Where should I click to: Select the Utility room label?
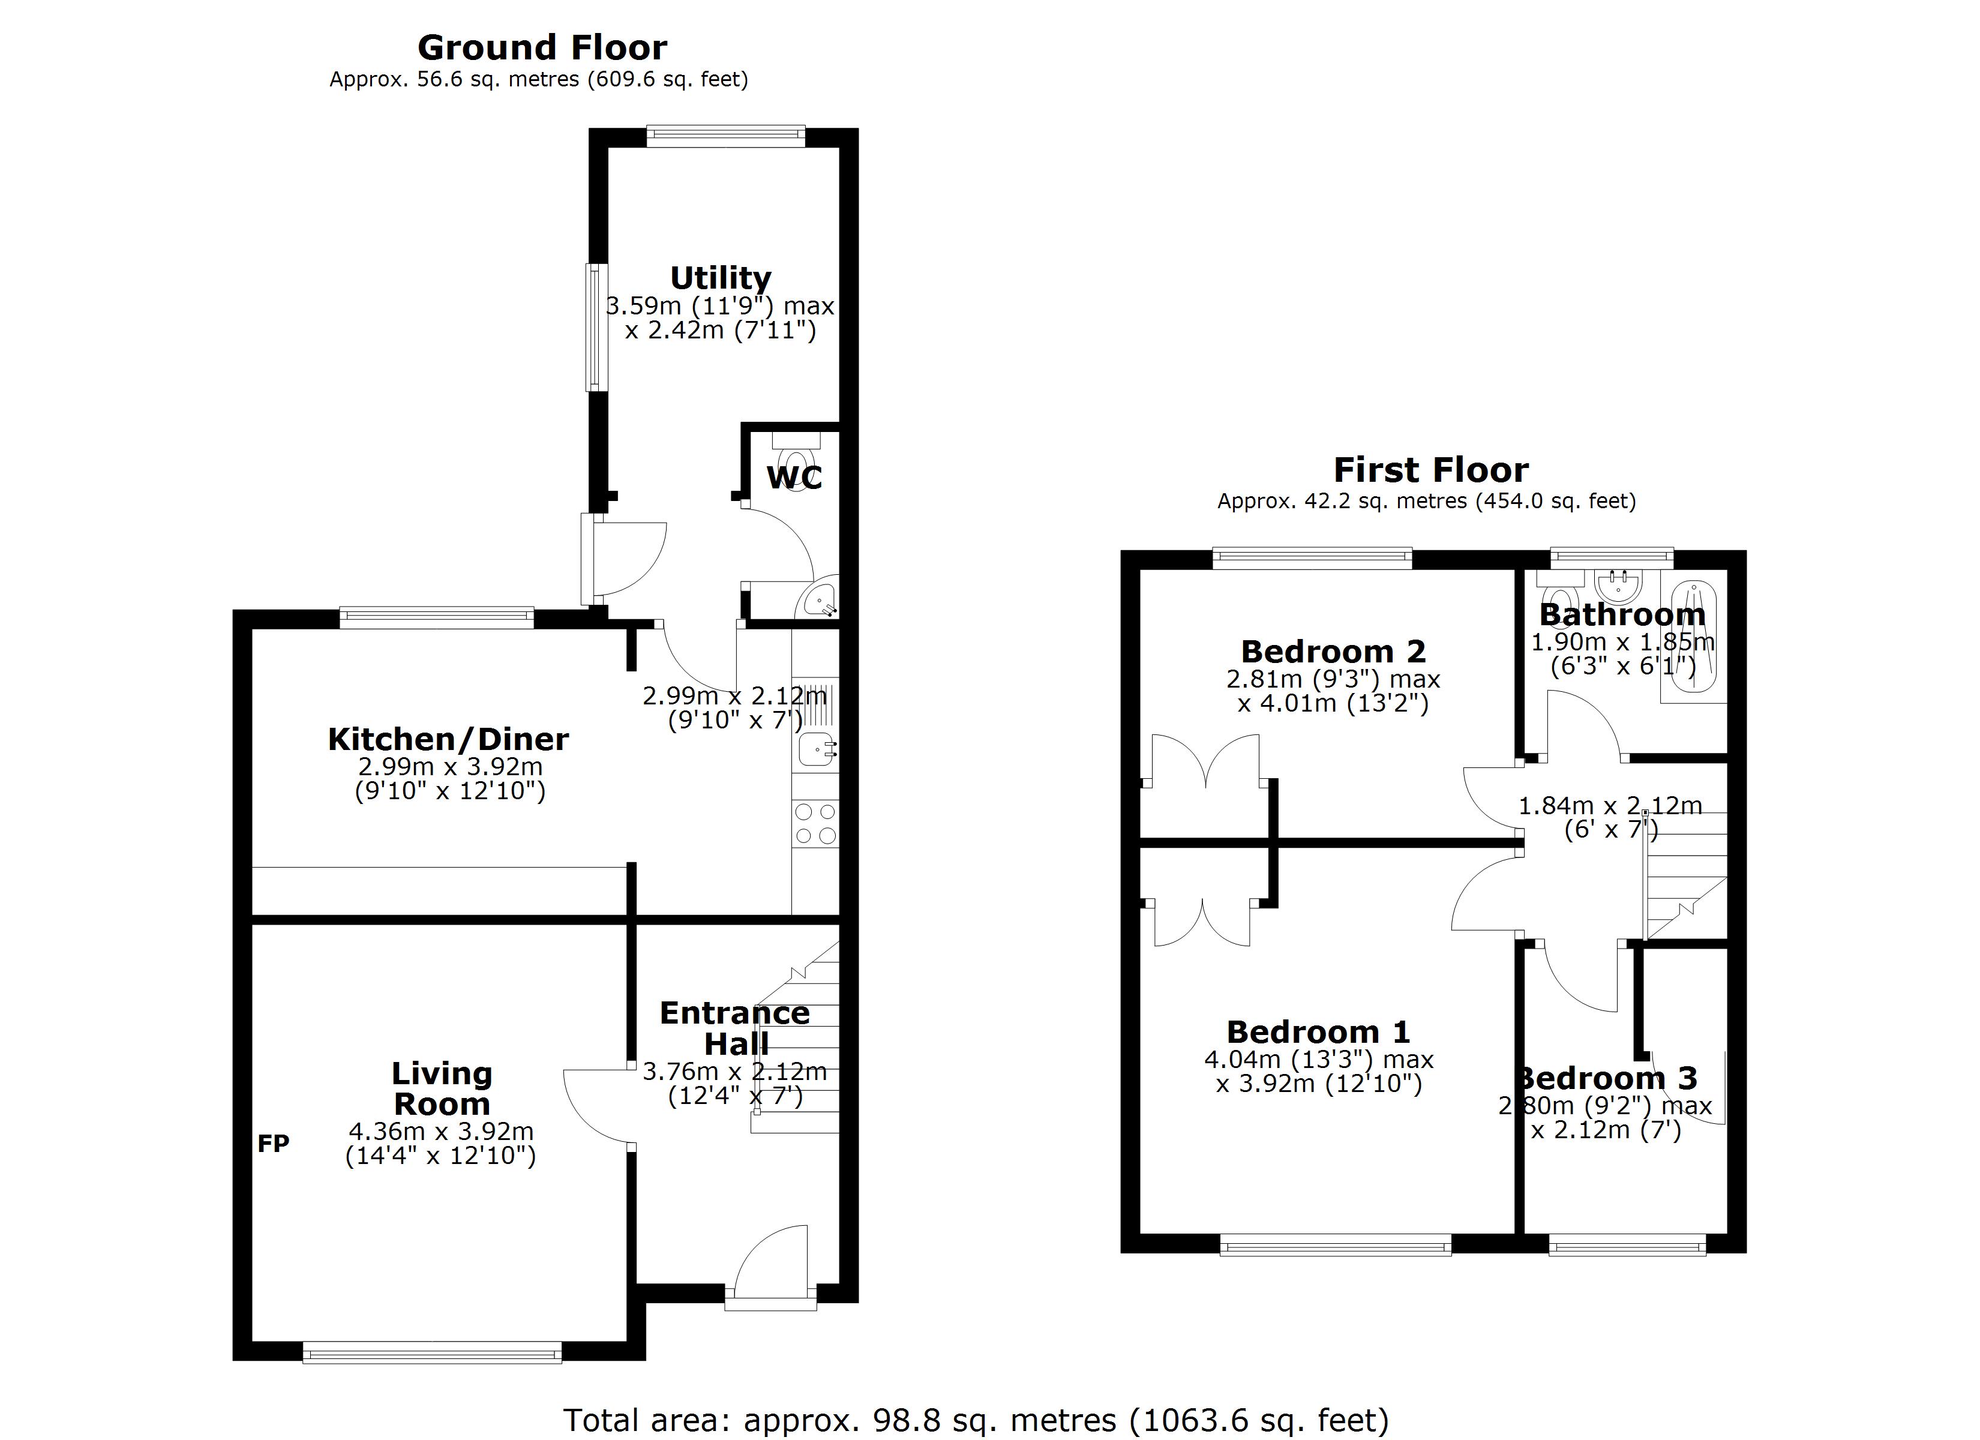coord(720,278)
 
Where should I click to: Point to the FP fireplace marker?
coord(273,1143)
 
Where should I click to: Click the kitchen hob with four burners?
coord(815,823)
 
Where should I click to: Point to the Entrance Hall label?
coord(735,1028)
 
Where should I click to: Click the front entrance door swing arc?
coord(768,1258)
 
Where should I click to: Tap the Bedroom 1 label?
coord(1318,1032)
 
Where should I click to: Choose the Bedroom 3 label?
coord(1606,1078)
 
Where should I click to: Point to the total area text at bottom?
coord(975,1420)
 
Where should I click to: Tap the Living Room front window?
coord(432,1354)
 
